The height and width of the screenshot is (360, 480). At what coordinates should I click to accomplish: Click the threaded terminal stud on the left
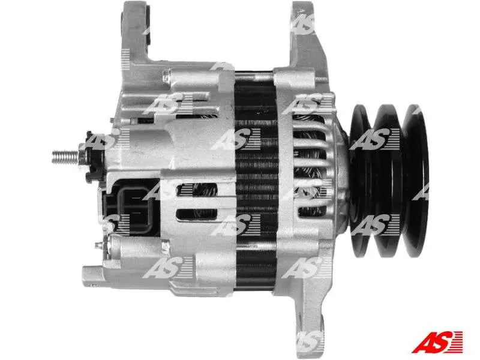coord(65,157)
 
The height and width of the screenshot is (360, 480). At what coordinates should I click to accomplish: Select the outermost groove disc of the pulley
coord(415,181)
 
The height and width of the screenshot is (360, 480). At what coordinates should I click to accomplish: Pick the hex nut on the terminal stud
coord(83,157)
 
